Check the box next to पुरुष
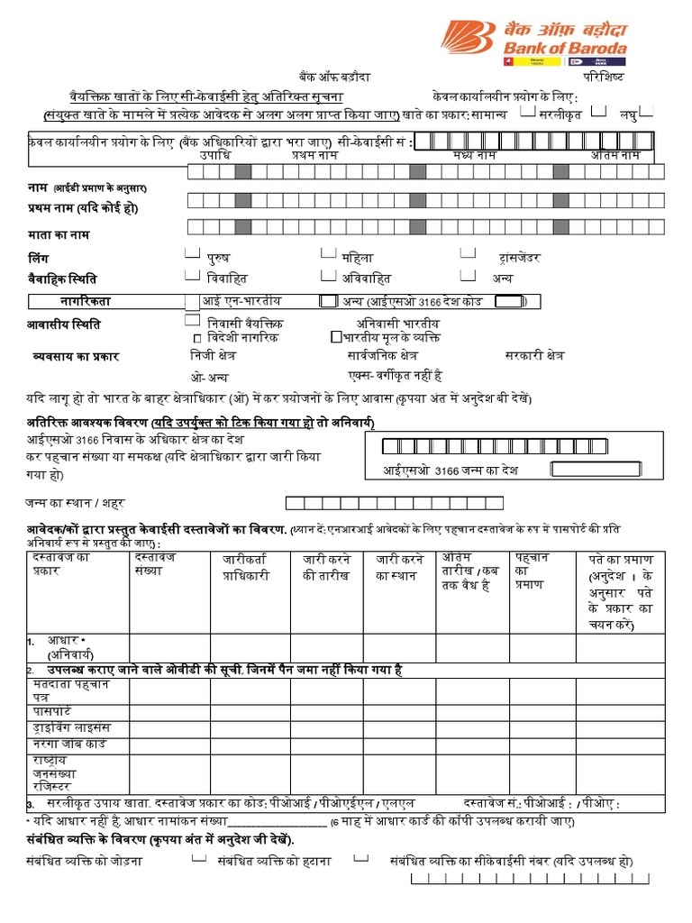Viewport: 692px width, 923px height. (x=193, y=255)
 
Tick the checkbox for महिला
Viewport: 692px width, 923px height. (x=328, y=255)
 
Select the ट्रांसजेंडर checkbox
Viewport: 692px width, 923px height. (x=468, y=255)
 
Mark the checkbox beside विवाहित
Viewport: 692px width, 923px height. (x=193, y=276)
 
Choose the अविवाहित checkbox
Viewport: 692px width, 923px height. (x=328, y=276)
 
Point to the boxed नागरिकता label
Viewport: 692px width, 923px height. (x=86, y=301)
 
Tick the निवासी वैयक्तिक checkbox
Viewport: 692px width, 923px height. (x=192, y=321)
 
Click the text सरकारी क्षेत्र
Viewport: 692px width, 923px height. (x=534, y=355)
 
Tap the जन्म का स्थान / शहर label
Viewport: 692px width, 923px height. (x=77, y=501)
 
